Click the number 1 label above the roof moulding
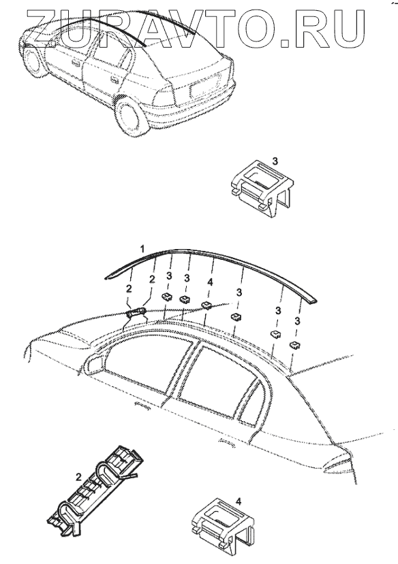coord(142,248)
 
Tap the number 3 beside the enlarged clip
coord(275,161)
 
